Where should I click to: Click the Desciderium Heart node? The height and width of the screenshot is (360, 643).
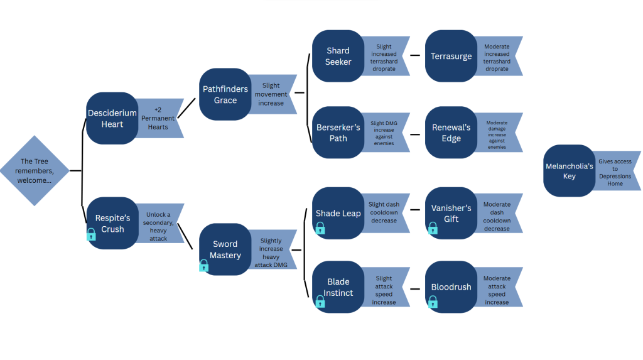click(x=112, y=118)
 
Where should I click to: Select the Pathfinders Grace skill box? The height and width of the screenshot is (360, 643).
click(x=225, y=94)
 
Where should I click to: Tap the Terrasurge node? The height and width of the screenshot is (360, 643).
click(x=451, y=56)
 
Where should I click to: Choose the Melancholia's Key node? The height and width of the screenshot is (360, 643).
click(x=569, y=171)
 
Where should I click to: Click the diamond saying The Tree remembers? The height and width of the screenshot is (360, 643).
click(x=35, y=171)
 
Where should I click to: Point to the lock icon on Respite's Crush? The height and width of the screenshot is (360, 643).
click(x=91, y=234)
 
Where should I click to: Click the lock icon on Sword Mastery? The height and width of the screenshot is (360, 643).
click(x=204, y=266)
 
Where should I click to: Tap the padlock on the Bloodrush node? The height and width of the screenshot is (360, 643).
click(x=433, y=302)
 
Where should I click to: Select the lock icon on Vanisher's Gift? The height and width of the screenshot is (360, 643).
click(x=433, y=228)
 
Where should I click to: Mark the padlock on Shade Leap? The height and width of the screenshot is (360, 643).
click(x=320, y=228)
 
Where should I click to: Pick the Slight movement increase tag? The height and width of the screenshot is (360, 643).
click(x=273, y=94)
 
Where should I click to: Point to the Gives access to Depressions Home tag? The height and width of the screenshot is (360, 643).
click(x=617, y=171)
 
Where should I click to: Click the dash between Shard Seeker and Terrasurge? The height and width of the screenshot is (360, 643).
click(x=415, y=55)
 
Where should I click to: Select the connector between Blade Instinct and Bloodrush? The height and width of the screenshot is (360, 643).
click(x=415, y=289)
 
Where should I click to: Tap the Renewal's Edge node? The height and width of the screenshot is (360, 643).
click(x=451, y=133)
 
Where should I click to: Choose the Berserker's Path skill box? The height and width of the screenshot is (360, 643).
click(x=338, y=133)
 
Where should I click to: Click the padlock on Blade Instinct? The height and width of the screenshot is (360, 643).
click(x=320, y=302)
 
